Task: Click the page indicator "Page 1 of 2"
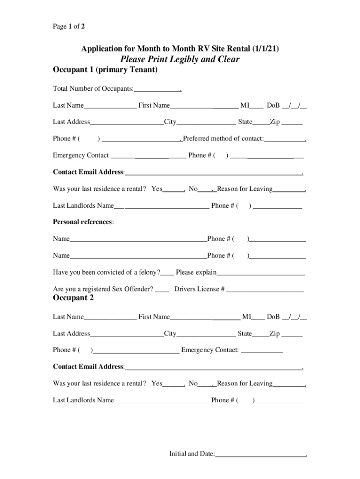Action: [69, 27]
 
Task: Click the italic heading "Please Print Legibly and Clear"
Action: [180, 59]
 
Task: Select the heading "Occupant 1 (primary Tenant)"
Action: [105, 71]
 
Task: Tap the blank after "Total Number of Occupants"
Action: [157, 89]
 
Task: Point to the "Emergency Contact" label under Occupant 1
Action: [81, 155]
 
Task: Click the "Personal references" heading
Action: [83, 222]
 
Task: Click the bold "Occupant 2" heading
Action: [73, 298]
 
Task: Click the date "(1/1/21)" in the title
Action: [266, 49]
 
